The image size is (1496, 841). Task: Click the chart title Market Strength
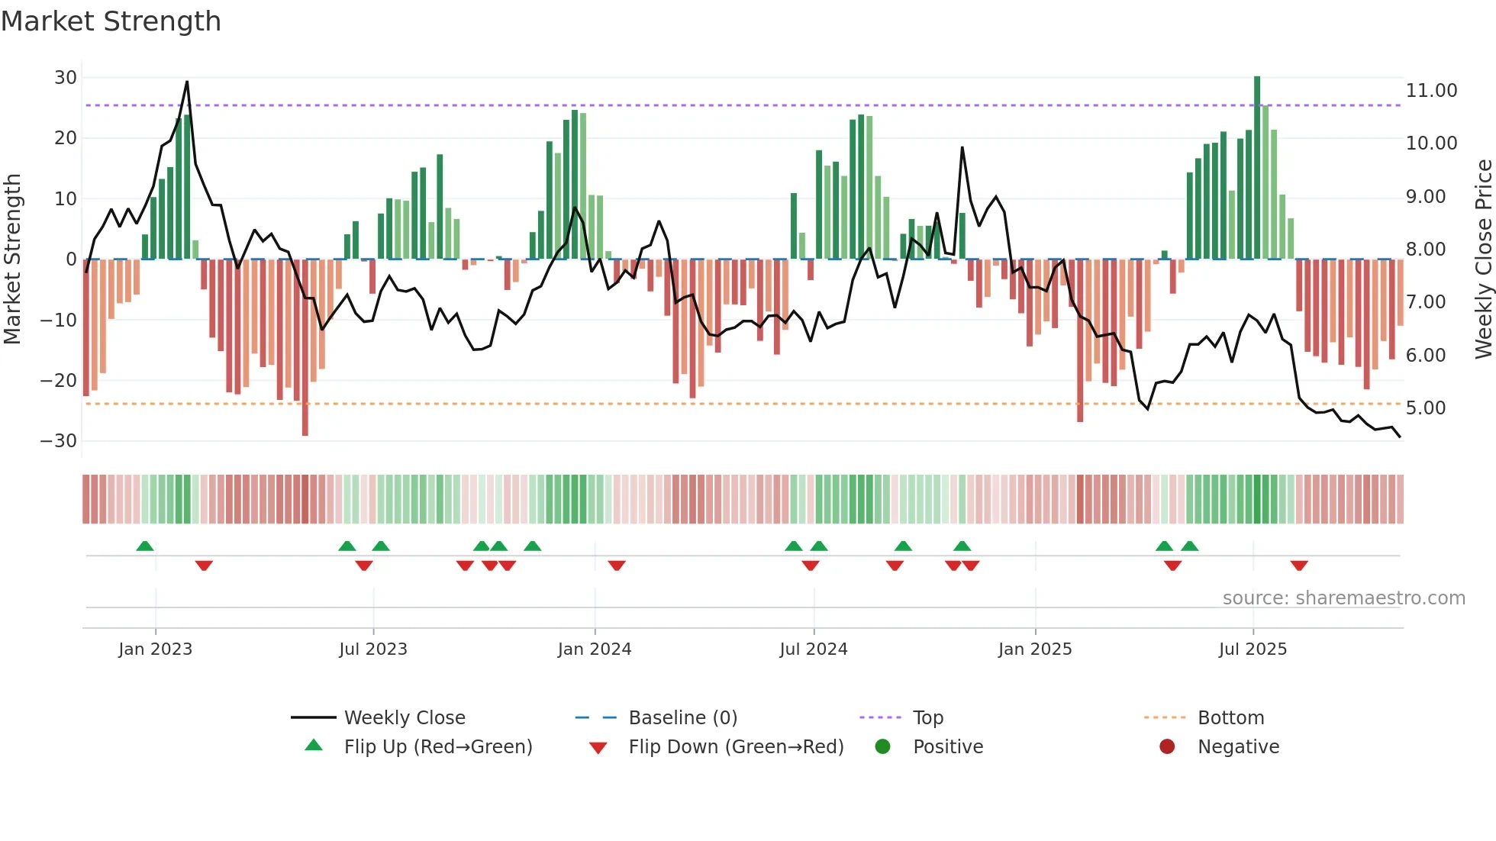pyautogui.click(x=111, y=21)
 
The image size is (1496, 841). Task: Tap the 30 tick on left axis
pyautogui.click(x=66, y=78)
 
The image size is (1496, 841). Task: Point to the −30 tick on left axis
pyautogui.click(x=59, y=441)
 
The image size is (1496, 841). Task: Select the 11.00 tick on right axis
pyautogui.click(x=1431, y=91)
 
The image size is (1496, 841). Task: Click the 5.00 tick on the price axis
pyautogui.click(x=1426, y=408)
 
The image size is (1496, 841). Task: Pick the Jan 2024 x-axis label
pyautogui.click(x=595, y=649)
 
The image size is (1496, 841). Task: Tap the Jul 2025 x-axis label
pyautogui.click(x=1253, y=649)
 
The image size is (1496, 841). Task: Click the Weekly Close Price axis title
pyautogui.click(x=1483, y=259)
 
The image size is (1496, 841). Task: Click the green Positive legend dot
pyautogui.click(x=883, y=747)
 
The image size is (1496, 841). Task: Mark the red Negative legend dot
pyautogui.click(x=1167, y=747)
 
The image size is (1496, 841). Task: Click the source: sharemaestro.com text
pyautogui.click(x=1343, y=598)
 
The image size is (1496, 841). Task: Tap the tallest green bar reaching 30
pyautogui.click(x=1257, y=168)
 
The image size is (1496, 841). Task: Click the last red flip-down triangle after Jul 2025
pyautogui.click(x=1299, y=565)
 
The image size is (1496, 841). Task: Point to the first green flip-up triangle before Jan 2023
pyautogui.click(x=145, y=546)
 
